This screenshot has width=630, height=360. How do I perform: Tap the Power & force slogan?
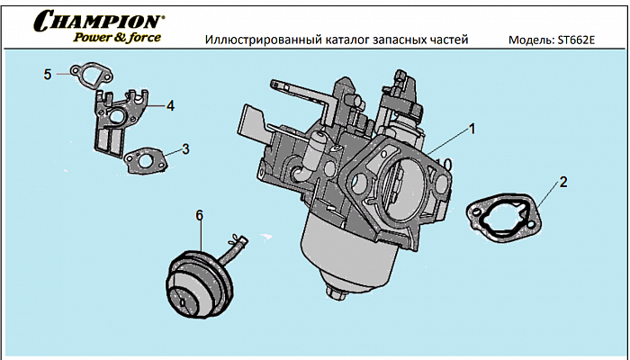tap(117, 38)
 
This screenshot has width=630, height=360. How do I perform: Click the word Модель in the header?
tap(534, 41)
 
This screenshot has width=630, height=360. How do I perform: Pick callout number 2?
tap(562, 182)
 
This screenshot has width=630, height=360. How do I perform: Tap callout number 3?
tap(185, 148)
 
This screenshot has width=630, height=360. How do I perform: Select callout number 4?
tap(170, 105)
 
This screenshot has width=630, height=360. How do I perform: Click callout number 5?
tap(47, 74)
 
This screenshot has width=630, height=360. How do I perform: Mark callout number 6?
tap(199, 214)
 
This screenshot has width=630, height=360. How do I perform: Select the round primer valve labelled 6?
tap(197, 280)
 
